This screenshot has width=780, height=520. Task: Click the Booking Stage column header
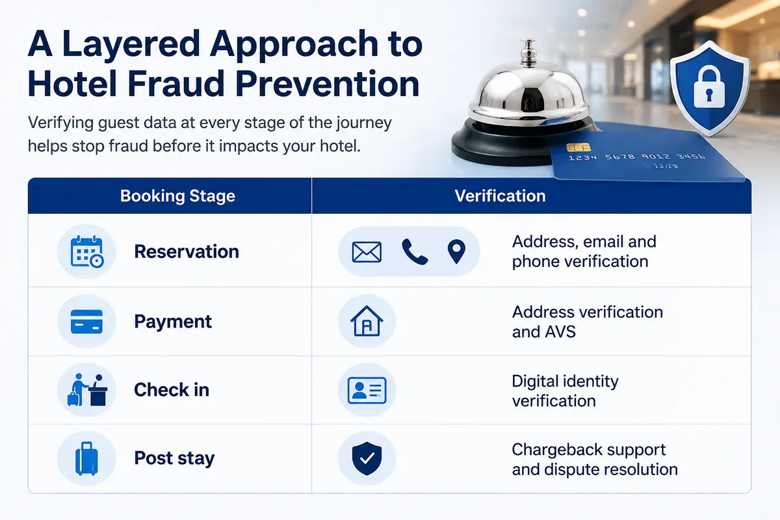click(x=177, y=196)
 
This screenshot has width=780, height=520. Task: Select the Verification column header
click(x=500, y=196)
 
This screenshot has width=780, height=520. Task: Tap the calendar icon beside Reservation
click(x=86, y=252)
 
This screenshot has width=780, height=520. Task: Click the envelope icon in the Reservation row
click(x=367, y=252)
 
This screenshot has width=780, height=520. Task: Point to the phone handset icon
click(x=415, y=252)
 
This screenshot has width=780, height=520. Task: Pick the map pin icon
click(x=456, y=252)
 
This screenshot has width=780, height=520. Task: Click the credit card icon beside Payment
click(x=86, y=321)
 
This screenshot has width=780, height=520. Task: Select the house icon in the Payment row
click(x=367, y=321)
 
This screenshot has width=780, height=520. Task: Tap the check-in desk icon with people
click(x=87, y=390)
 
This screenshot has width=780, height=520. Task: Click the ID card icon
click(x=367, y=390)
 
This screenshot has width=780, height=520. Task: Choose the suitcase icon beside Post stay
click(x=86, y=458)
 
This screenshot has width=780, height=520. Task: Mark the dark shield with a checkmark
click(x=367, y=458)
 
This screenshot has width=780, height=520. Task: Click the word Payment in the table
click(x=173, y=322)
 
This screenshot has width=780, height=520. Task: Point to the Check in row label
click(x=172, y=389)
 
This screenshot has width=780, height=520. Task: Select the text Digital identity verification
click(x=565, y=391)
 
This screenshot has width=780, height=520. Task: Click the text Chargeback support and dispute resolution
click(x=595, y=460)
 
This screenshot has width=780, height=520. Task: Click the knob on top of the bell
click(x=528, y=52)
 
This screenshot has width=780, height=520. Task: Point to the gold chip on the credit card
click(x=578, y=148)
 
